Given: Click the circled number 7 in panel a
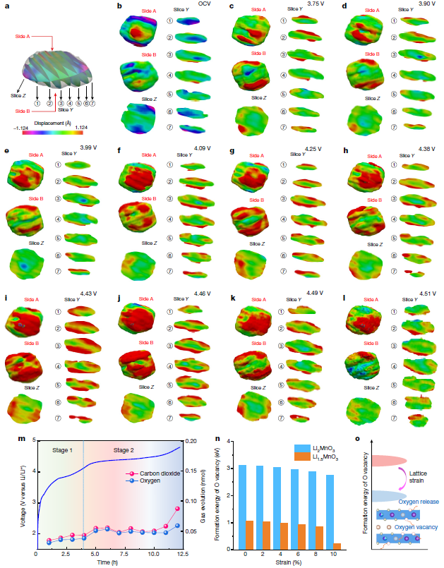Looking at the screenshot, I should pyautogui.click(x=92, y=104).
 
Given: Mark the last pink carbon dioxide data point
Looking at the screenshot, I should pyautogui.click(x=177, y=509).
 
